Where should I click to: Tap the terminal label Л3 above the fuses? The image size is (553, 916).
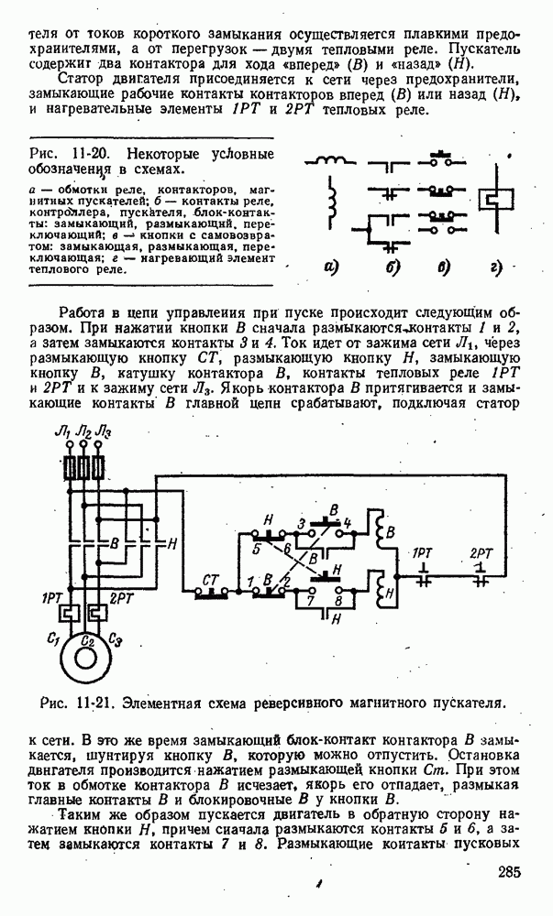[105, 434]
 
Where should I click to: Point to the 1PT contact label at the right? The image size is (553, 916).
[423, 554]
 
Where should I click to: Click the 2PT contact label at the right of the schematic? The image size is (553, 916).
[481, 554]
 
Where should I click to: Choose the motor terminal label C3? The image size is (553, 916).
[115, 638]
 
